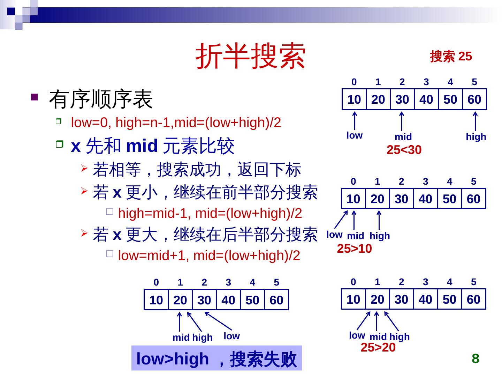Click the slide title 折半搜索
[250, 56]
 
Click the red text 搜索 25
[451, 56]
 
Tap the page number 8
[475, 358]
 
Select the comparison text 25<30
[404, 150]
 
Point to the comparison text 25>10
[354, 249]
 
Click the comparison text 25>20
[378, 347]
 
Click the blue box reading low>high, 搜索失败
[216, 358]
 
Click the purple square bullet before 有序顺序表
[34, 97]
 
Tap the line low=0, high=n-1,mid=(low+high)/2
[176, 123]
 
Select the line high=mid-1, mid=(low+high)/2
[210, 213]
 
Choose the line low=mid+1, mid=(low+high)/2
[209, 256]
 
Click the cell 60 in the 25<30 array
[474, 99]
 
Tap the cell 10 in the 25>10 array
[353, 199]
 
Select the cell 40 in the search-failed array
[228, 300]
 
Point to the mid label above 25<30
[403, 136]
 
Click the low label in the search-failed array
[232, 336]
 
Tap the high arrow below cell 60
[475, 121]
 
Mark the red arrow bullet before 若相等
[84, 168]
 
